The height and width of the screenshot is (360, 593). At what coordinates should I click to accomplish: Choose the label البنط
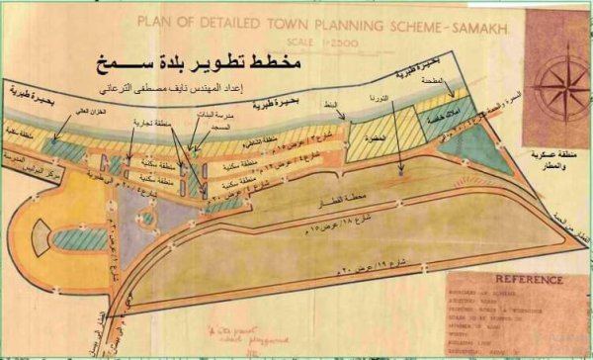point(344,105)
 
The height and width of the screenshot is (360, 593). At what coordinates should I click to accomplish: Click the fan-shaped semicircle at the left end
point(40,233)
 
